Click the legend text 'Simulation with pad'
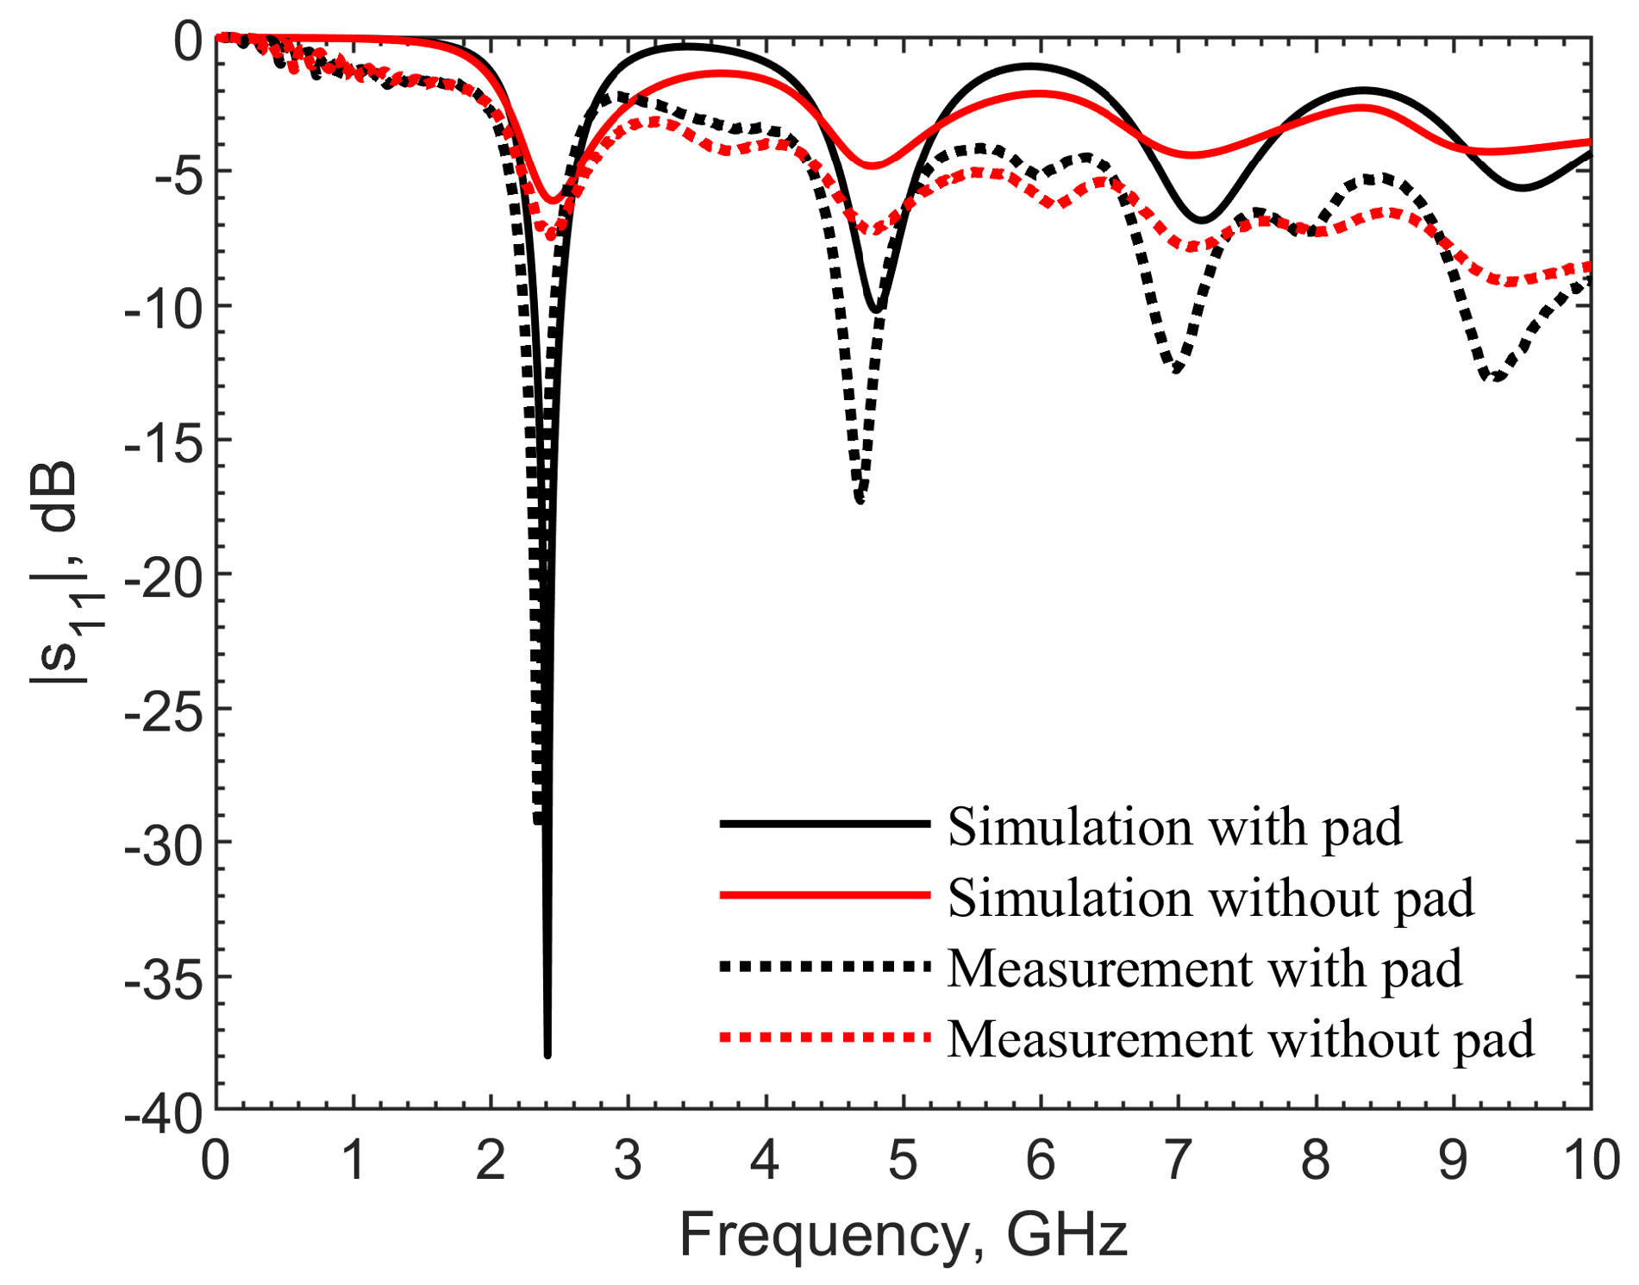(x=1174, y=828)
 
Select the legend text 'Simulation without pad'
(x=1210, y=899)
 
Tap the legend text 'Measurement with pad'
(x=1204, y=969)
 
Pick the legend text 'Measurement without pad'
(x=1241, y=1040)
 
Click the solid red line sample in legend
(x=824, y=895)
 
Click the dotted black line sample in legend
(x=824, y=967)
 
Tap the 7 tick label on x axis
(x=1177, y=1160)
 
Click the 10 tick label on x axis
(x=1592, y=1160)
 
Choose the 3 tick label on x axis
(x=628, y=1160)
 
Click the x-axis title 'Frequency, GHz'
(x=903, y=1235)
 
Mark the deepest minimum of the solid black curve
(x=547, y=1053)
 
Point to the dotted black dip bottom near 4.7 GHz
(x=860, y=498)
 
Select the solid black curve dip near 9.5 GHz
(x=1523, y=187)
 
